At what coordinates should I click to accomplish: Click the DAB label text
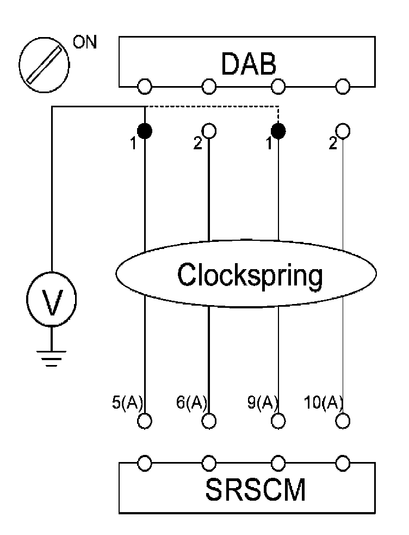pos(249,64)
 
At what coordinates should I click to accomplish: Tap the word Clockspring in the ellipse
pos(250,275)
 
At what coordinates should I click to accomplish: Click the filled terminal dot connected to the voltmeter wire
pos(145,131)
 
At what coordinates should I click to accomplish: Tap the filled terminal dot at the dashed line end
pos(278,131)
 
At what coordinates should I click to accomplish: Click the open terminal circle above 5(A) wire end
pos(145,421)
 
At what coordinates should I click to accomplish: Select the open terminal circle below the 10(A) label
pos(343,421)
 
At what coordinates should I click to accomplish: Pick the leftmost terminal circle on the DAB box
pos(145,86)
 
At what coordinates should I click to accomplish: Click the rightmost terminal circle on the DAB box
pos(343,86)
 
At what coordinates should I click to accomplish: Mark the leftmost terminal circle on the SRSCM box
pos(145,463)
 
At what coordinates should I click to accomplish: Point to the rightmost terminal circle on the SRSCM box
pos(343,463)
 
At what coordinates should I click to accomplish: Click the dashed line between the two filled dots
pos(212,107)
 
